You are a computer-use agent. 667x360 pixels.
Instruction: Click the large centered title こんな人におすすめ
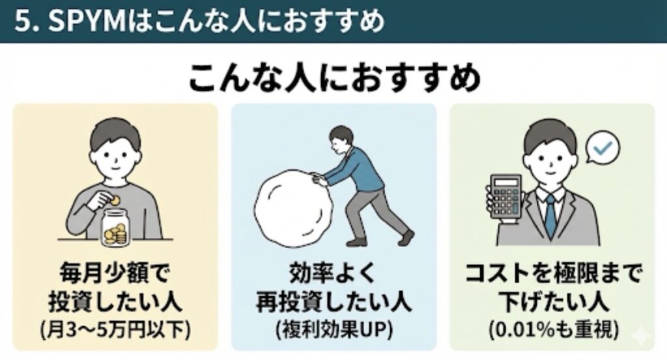click(334, 78)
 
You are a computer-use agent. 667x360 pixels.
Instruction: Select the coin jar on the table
click(115, 228)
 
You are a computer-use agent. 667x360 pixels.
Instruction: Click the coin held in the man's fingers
click(116, 199)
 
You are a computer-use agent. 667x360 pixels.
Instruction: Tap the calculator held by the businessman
click(506, 196)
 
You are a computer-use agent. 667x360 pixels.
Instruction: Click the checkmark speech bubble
click(603, 148)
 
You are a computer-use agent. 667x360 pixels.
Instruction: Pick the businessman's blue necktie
click(550, 217)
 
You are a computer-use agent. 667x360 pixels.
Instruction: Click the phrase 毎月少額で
click(115, 273)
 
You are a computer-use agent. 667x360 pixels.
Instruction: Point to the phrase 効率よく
click(333, 273)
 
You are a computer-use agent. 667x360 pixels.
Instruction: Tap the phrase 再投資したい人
click(333, 302)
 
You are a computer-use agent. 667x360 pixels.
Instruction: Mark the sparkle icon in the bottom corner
click(640, 335)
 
